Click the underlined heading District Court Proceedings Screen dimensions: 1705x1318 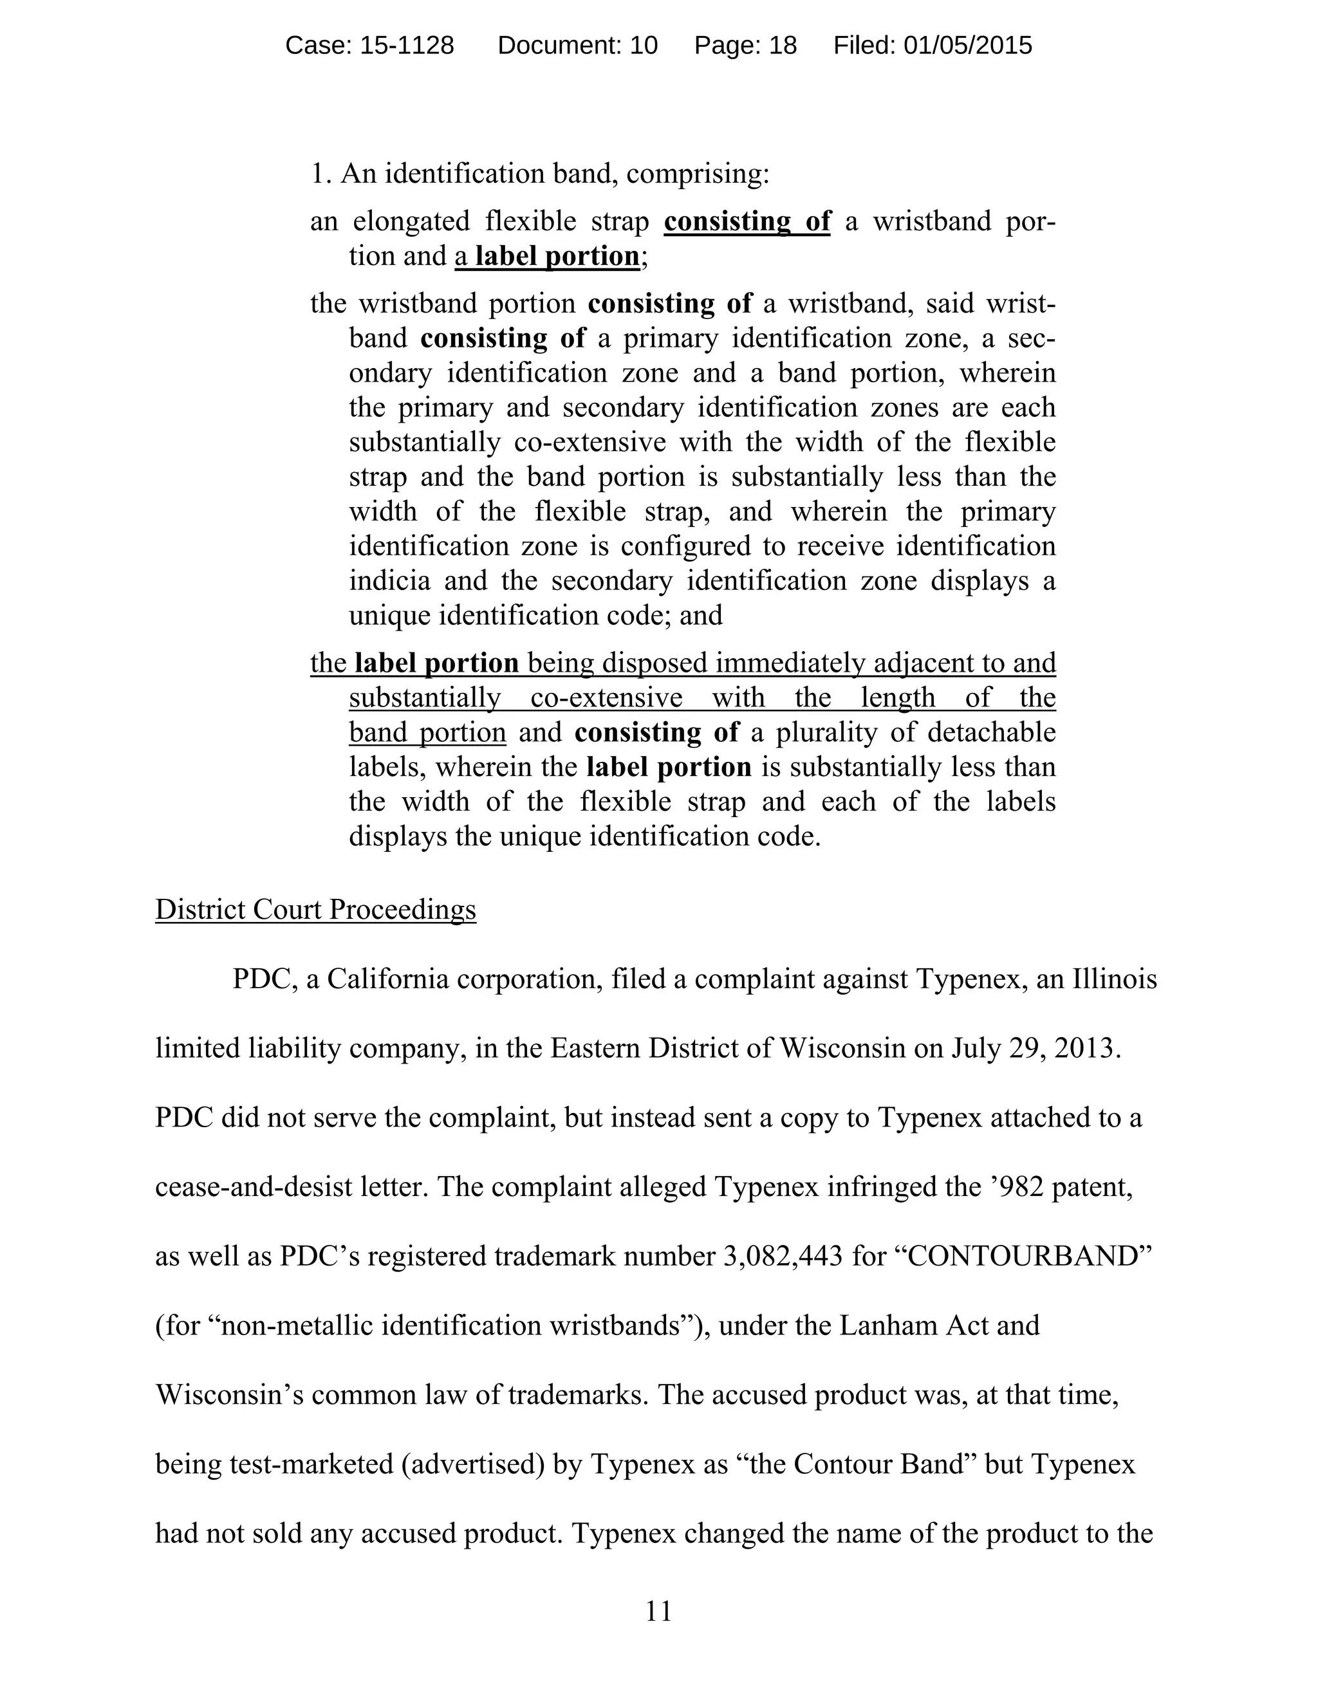[x=315, y=910]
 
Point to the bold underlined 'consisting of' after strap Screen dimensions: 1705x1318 [x=747, y=221]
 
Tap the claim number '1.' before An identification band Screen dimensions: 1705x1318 [x=321, y=173]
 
